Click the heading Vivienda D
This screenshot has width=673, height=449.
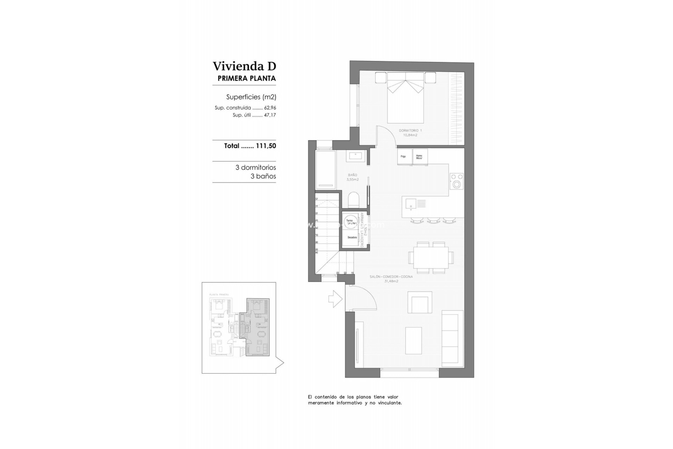pos(244,66)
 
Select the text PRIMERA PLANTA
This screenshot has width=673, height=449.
pos(246,79)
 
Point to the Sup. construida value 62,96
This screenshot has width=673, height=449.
pos(270,108)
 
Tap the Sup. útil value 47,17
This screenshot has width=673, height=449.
pos(270,115)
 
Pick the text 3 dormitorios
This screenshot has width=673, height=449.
pos(256,168)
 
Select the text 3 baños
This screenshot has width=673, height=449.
pos(263,176)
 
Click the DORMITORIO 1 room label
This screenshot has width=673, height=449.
pos(410,130)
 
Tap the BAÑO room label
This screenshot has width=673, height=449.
pos(352,175)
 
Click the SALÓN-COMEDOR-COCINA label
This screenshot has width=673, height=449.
pos(391,277)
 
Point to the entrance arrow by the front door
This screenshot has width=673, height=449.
pos(335,299)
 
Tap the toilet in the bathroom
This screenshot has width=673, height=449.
pos(354,200)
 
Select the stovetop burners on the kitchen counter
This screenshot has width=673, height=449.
pos(456,181)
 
